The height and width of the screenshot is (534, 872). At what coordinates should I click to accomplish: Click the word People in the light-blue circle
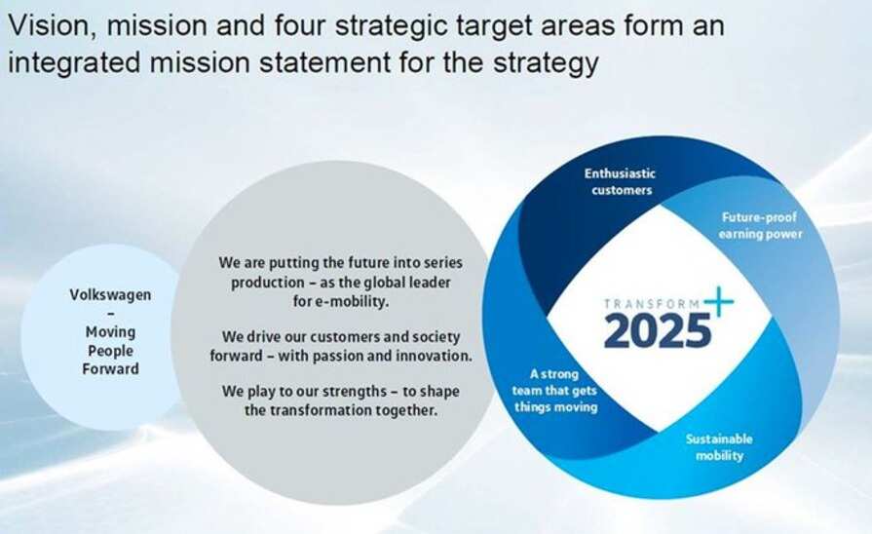110,350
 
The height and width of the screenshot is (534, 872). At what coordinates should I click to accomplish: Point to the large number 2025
658,330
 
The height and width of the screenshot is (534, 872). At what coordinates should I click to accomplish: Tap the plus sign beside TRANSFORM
720,302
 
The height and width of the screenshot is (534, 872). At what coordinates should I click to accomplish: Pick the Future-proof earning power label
762,225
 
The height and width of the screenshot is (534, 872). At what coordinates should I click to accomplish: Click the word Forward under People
110,368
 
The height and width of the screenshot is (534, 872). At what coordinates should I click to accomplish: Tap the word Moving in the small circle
110,331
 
